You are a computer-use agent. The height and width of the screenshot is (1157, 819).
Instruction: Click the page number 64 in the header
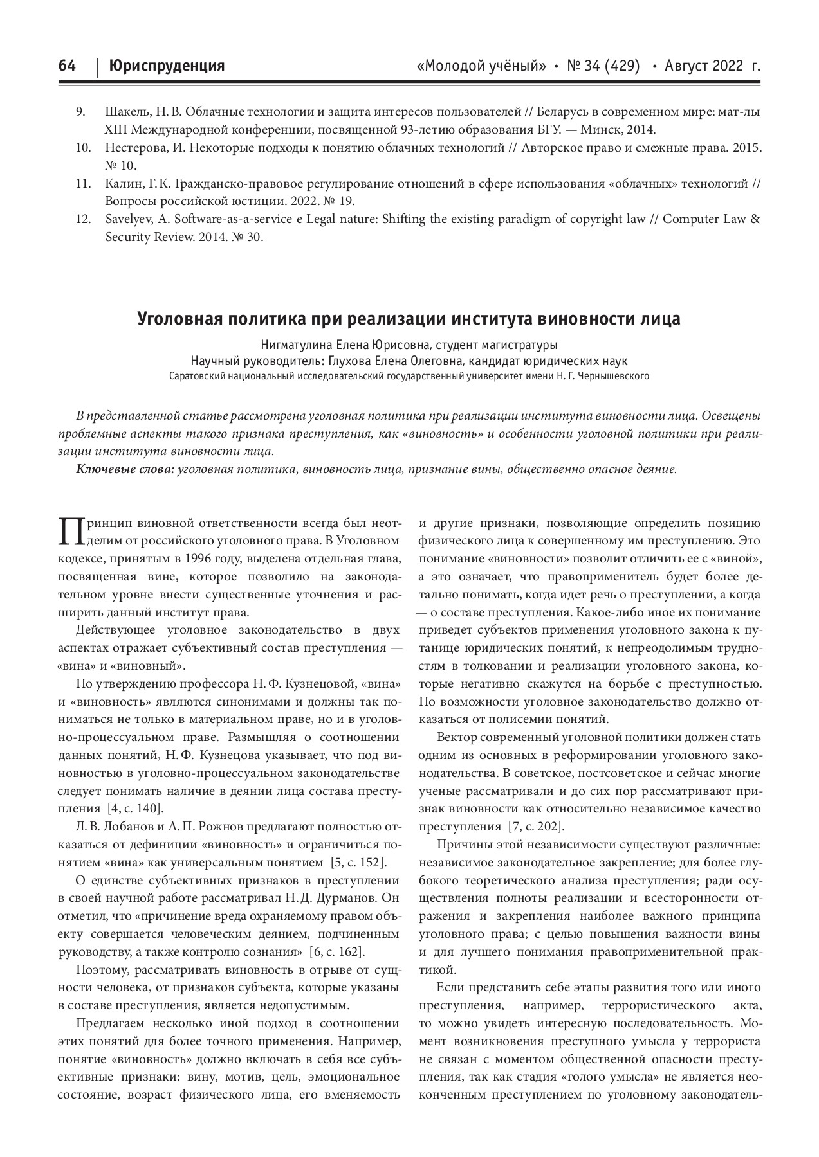(x=67, y=66)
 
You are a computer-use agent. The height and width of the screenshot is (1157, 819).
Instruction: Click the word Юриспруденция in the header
(x=167, y=66)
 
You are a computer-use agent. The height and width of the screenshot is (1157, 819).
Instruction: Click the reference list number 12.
(x=82, y=219)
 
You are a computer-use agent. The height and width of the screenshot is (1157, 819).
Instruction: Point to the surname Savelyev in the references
(x=127, y=219)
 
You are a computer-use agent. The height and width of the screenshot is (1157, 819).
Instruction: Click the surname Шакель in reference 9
(x=125, y=112)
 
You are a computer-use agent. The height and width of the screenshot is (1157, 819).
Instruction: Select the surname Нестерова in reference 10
(x=133, y=148)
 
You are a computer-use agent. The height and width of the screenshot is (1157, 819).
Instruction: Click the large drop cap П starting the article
(x=68, y=530)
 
